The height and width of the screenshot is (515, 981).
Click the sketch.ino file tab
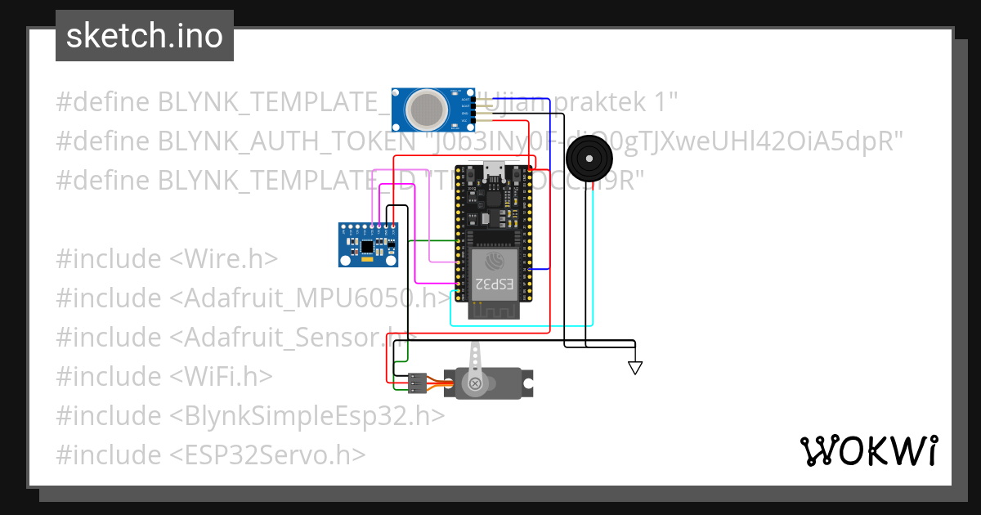pyautogui.click(x=144, y=36)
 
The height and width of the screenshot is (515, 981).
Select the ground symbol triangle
pyautogui.click(x=635, y=368)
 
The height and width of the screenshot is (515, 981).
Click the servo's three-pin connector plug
pyautogui.click(x=417, y=380)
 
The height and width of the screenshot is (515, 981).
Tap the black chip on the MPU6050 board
pyautogui.click(x=368, y=244)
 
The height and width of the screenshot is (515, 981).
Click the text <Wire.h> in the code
pyautogui.click(x=224, y=259)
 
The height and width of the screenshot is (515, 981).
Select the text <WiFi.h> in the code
pyautogui.click(x=221, y=376)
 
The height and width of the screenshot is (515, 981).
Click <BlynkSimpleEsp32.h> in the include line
pyautogui.click(x=307, y=415)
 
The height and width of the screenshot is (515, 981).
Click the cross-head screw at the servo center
pyautogui.click(x=473, y=384)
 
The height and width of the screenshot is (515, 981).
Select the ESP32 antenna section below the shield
pyautogui.click(x=495, y=309)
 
